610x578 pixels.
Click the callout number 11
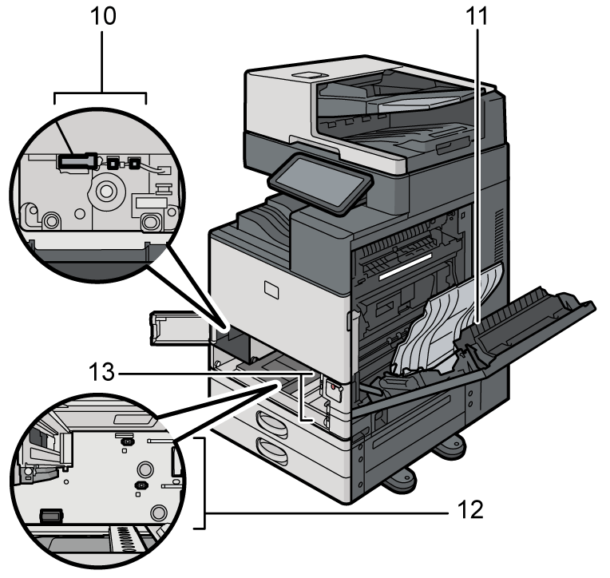point(477,18)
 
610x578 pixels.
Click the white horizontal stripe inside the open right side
point(410,271)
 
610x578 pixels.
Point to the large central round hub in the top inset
point(106,192)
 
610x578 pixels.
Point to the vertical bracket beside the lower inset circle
point(205,482)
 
